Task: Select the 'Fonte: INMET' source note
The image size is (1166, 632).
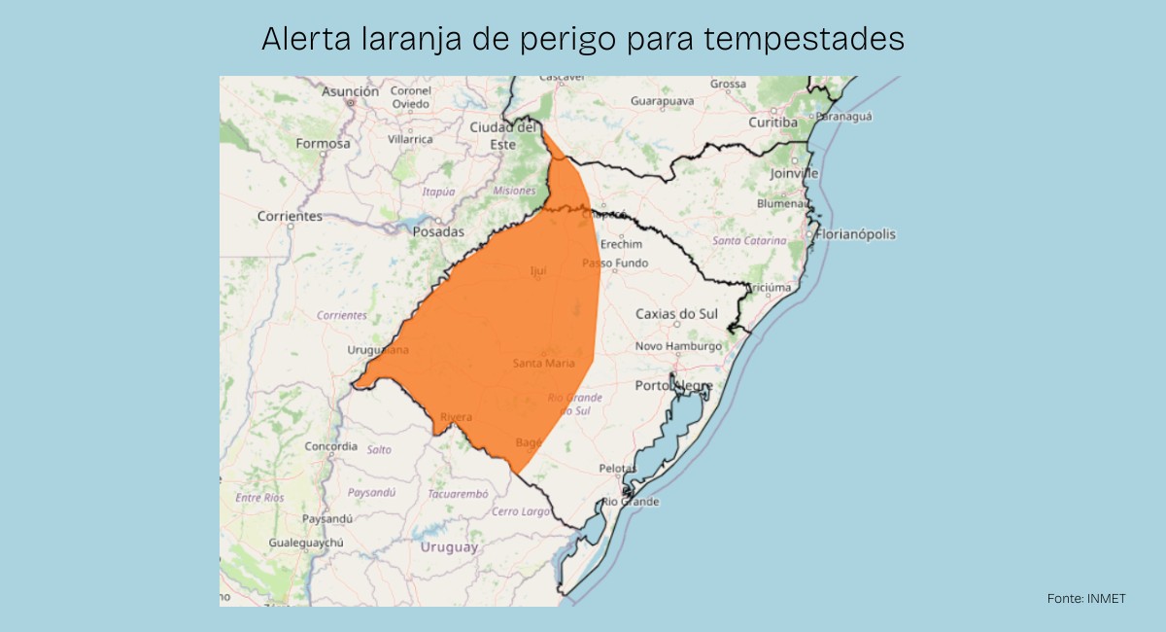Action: [x=1086, y=598]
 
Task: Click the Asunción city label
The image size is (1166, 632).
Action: [x=350, y=91]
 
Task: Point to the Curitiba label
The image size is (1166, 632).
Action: [x=772, y=123]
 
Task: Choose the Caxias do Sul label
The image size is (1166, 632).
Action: [x=676, y=313]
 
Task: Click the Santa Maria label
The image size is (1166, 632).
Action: [x=544, y=364]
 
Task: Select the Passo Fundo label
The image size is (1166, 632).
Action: [x=615, y=263]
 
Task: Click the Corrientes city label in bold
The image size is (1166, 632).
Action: [x=290, y=216]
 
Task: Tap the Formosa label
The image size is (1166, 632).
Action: [x=323, y=143]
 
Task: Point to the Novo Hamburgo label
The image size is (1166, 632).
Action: [x=678, y=346]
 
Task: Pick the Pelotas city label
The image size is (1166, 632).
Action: [x=617, y=469]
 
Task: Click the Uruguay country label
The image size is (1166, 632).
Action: [x=449, y=547]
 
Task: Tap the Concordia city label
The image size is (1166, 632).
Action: [x=330, y=446]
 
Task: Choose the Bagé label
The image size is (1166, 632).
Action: [x=529, y=442]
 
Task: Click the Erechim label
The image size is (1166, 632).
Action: [x=622, y=244]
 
